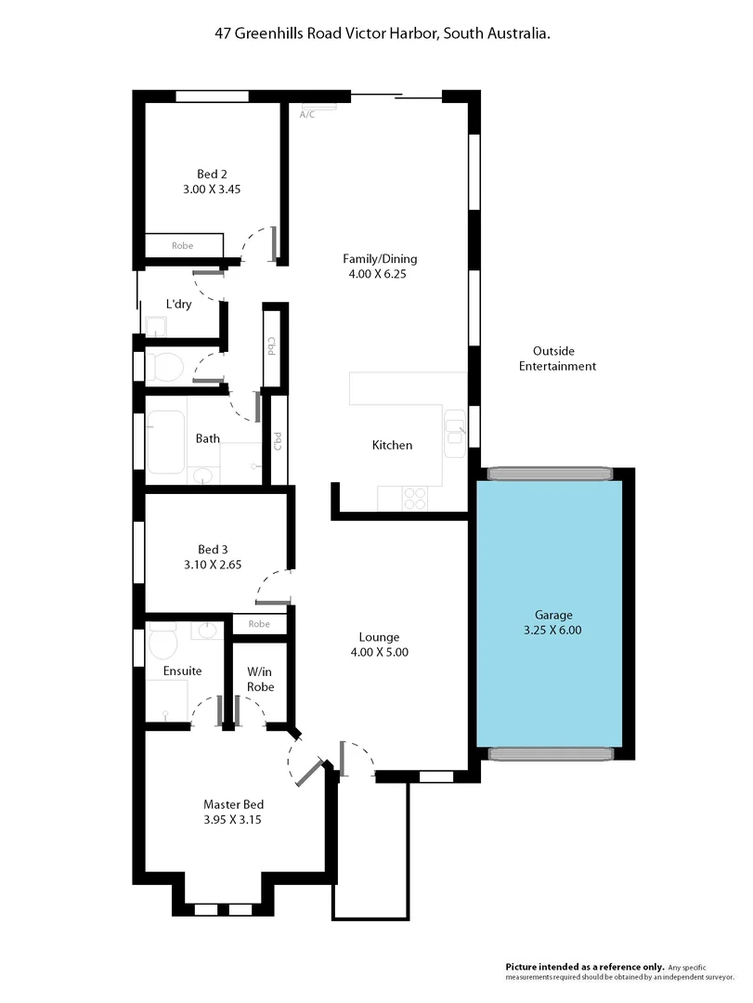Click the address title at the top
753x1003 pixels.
(376, 33)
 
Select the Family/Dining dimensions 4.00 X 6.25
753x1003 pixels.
(380, 274)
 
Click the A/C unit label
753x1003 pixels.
(307, 115)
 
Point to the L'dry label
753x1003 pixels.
(179, 304)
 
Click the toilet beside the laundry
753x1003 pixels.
(167, 366)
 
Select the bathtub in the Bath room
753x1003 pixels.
(167, 441)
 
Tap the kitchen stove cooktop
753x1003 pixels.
(414, 498)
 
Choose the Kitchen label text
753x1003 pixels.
(392, 446)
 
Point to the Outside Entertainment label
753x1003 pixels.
(557, 358)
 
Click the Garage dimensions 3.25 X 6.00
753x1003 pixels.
(553, 630)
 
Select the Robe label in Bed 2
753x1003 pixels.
(183, 246)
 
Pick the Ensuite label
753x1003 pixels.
(182, 671)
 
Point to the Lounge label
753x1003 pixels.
(379, 637)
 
